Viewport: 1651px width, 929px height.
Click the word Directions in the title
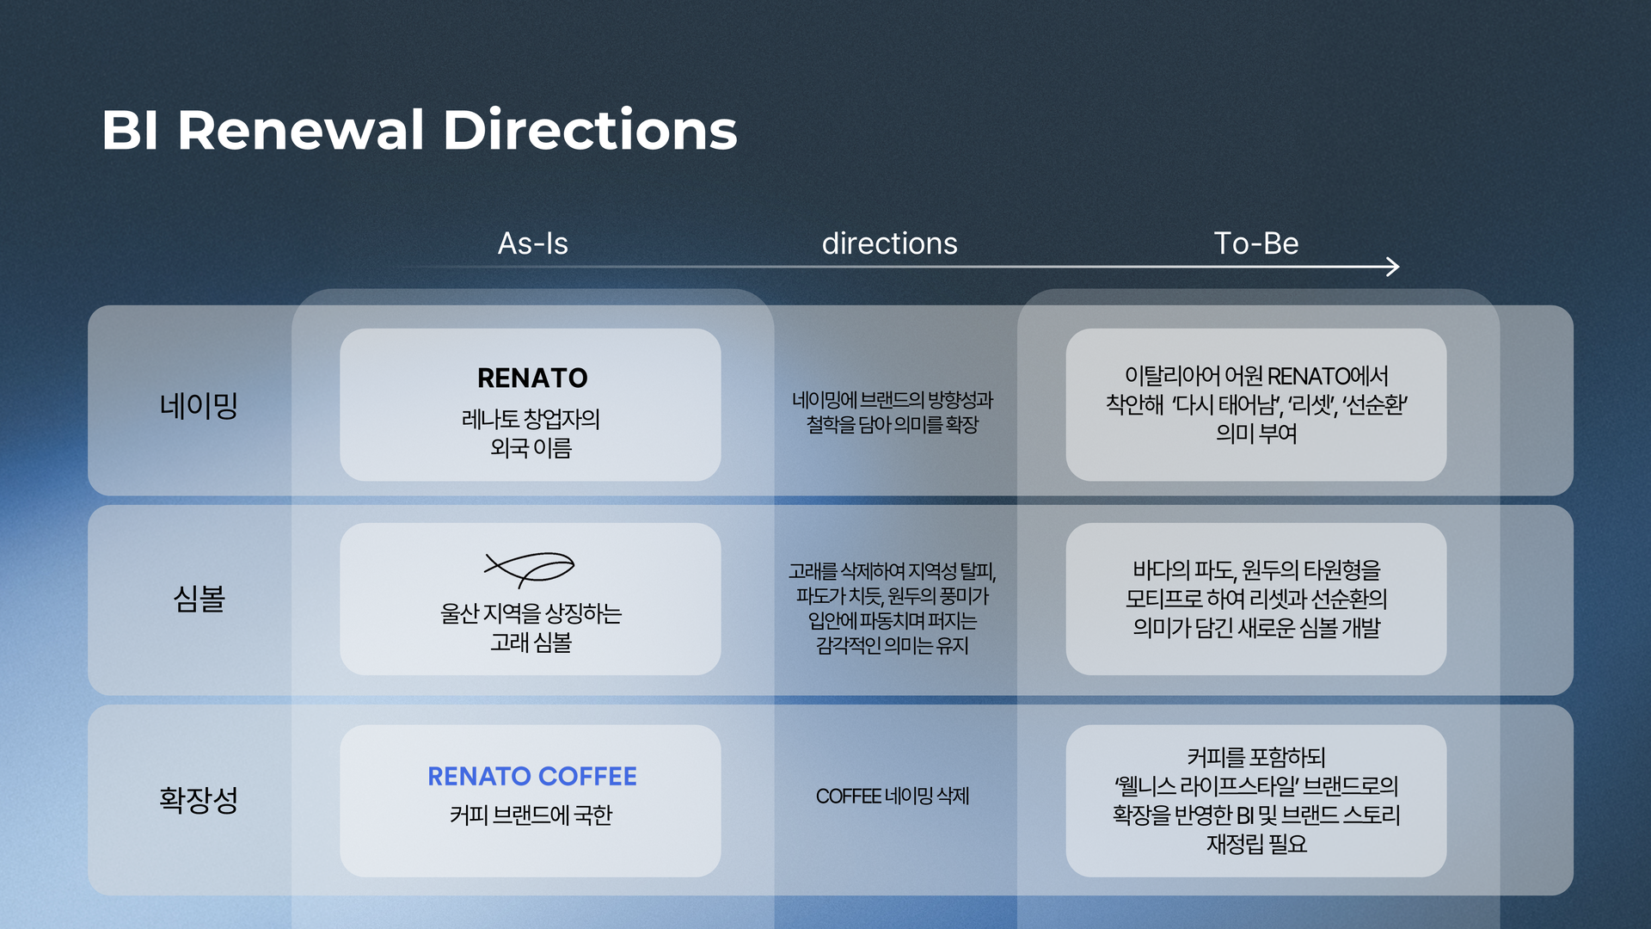[x=590, y=131]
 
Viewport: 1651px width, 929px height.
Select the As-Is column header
[x=532, y=243]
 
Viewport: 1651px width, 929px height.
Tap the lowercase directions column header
[x=889, y=243]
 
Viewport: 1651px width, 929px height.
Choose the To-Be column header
[x=1255, y=243]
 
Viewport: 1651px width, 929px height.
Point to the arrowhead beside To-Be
[x=1393, y=267]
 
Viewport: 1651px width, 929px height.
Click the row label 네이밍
[x=199, y=404]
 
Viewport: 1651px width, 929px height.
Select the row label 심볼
[x=199, y=599]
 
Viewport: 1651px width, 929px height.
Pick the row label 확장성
[x=199, y=799]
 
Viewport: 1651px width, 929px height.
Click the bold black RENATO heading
[x=532, y=378]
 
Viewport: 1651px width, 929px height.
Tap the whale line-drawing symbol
[x=530, y=569]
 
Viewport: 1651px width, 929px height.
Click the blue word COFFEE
[x=587, y=776]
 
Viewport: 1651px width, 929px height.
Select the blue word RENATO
[x=479, y=776]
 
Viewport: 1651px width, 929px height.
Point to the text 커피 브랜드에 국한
[x=531, y=815]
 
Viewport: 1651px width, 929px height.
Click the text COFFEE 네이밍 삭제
[x=892, y=797]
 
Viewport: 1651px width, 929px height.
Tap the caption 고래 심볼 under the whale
[x=531, y=643]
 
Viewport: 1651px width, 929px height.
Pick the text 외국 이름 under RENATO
[x=531, y=448]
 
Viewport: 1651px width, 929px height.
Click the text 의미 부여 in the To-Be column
[x=1255, y=434]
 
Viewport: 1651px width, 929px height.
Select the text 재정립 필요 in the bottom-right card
[x=1255, y=844]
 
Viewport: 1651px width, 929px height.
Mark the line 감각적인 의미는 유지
[x=892, y=645]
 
